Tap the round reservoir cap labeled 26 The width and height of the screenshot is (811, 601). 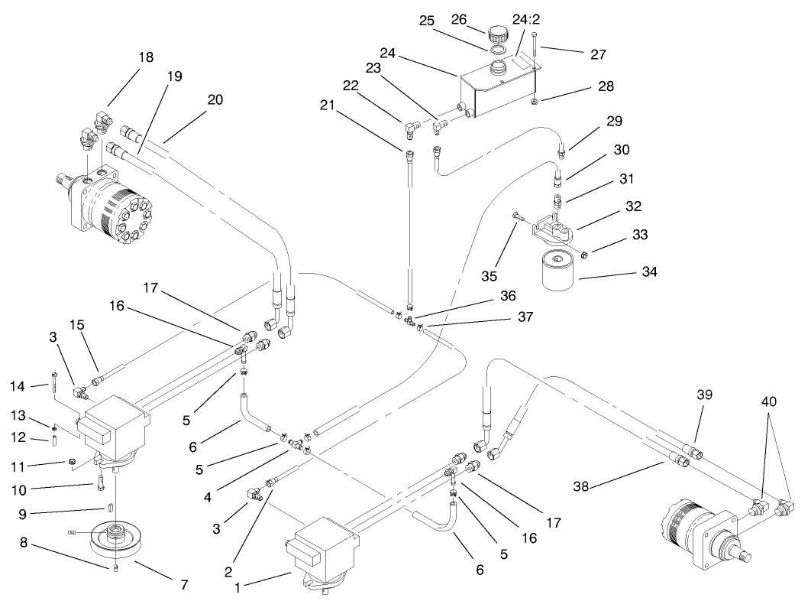tap(499, 34)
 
